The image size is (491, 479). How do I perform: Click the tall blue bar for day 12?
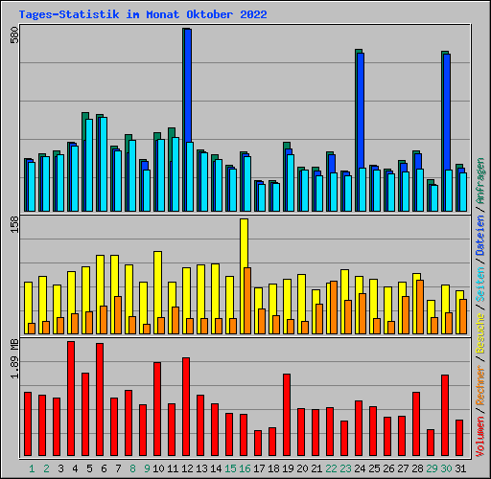tap(188, 86)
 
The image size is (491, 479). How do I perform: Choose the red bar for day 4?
tap(71, 399)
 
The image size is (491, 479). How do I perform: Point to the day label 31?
tap(460, 468)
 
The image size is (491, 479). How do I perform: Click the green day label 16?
tap(245, 468)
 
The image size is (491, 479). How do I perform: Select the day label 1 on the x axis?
tap(32, 468)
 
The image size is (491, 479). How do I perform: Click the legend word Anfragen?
tap(480, 182)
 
